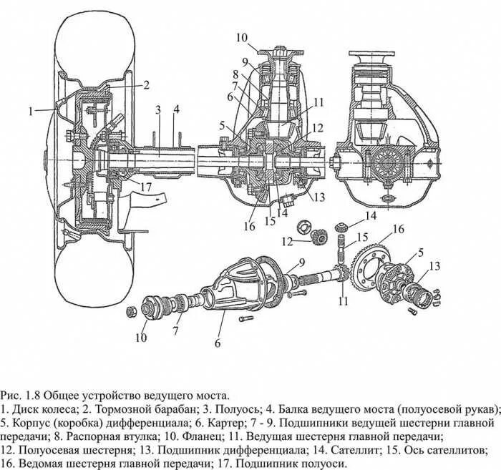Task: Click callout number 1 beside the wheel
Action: point(31,111)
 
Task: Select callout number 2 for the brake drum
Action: point(145,85)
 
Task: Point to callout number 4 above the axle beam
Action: point(175,109)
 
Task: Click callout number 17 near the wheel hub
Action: point(146,188)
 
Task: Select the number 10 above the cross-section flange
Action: point(241,37)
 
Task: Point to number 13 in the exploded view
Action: point(434,267)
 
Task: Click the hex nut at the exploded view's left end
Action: point(132,311)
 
